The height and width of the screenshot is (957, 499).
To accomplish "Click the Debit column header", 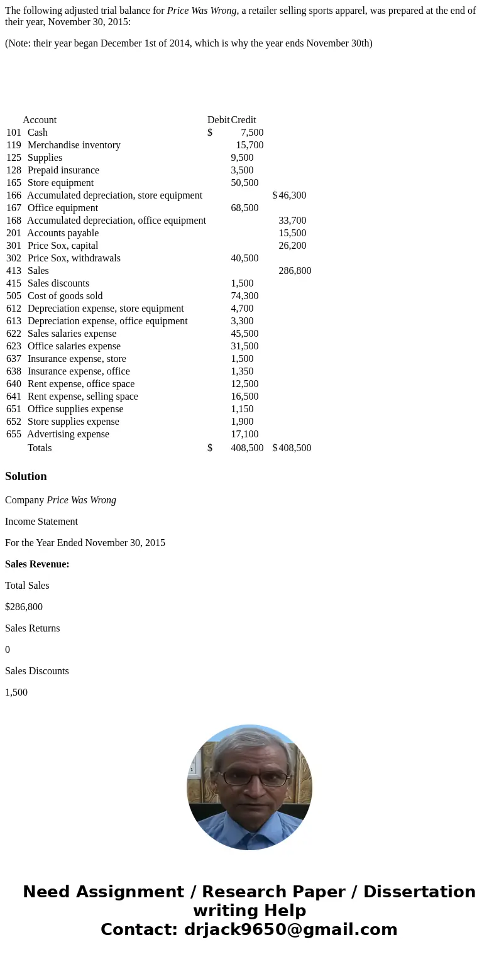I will click(x=218, y=120).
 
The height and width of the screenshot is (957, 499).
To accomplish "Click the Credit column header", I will click(x=243, y=120).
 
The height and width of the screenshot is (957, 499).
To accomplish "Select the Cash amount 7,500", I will click(x=252, y=133).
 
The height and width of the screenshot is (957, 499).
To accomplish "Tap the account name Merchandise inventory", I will click(x=74, y=145).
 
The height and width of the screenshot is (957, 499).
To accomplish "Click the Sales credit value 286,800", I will click(x=295, y=271).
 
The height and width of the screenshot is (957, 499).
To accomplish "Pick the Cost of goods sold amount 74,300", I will click(x=244, y=296).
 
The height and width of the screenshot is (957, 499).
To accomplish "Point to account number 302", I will click(x=14, y=258).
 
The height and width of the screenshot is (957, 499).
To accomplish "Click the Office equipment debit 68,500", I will click(x=244, y=208).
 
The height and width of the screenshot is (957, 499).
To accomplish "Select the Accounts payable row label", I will click(x=63, y=233).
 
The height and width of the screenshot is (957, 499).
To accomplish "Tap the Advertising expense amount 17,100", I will click(x=244, y=434).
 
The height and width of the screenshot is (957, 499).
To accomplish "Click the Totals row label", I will click(x=40, y=448).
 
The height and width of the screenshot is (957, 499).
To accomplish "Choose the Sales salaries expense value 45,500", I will click(x=244, y=334).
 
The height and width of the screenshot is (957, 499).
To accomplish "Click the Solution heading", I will click(x=26, y=476).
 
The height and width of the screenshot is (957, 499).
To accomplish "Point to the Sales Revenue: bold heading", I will click(x=37, y=564).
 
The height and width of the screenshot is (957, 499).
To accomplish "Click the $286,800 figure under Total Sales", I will click(x=24, y=607).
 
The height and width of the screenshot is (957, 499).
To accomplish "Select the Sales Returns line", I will click(x=33, y=628).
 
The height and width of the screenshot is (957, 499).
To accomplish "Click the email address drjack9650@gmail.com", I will click(x=290, y=929).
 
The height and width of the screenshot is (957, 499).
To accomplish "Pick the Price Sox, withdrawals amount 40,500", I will click(x=244, y=258).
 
